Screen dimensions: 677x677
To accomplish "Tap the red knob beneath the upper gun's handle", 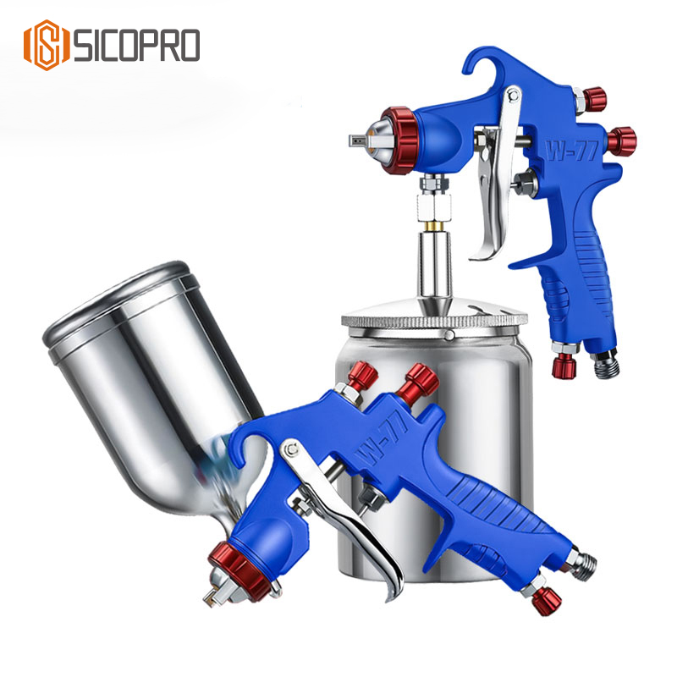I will click(x=562, y=365).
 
